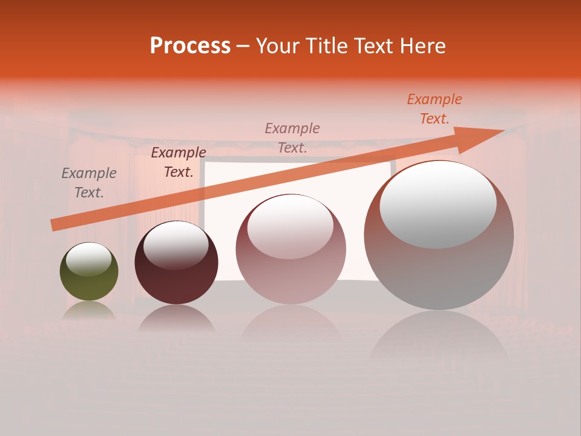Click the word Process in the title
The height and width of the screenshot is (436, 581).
190,46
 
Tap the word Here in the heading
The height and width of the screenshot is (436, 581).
422,46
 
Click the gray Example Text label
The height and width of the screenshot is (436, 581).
89,183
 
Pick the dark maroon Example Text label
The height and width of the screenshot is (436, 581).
178,162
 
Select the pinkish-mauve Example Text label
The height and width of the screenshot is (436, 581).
292,137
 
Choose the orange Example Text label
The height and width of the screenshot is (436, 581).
434,109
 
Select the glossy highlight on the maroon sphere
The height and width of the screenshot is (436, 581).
176,245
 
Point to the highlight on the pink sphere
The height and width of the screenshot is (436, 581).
290,227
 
